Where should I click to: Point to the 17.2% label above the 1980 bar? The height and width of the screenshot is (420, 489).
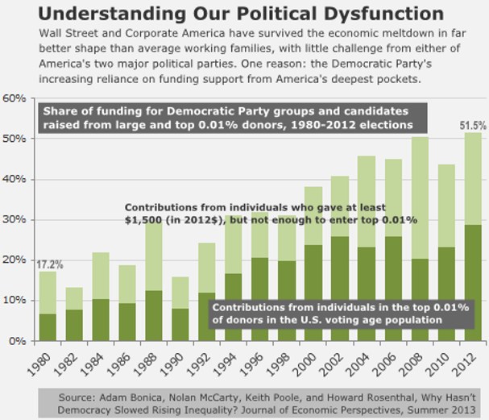(x=50, y=264)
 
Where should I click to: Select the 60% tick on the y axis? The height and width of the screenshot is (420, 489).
(x=15, y=98)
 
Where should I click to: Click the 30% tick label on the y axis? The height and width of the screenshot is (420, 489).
(x=15, y=219)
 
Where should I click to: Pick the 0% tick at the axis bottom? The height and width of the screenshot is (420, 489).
(x=18, y=341)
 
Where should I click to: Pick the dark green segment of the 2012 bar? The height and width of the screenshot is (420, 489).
(x=473, y=282)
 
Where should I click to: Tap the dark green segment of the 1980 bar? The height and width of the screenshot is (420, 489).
(x=48, y=326)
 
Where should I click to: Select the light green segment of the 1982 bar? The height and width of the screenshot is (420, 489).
(x=74, y=298)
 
